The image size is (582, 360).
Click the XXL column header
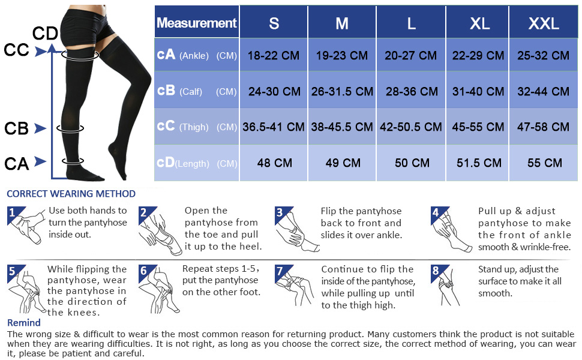click(544, 23)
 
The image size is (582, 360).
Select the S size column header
click(274, 23)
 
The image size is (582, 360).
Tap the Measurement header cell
click(197, 23)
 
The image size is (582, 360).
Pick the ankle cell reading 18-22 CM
click(274, 56)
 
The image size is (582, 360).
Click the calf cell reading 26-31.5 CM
click(342, 92)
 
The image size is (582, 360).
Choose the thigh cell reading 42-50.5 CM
click(411, 127)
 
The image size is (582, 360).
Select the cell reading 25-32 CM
click(544, 56)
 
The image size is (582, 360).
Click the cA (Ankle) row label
click(197, 56)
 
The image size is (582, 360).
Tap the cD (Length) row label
click(197, 163)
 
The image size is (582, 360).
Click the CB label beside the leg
click(17, 128)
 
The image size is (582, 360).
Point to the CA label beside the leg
click(16, 163)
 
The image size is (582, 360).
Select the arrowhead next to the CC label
click(40, 52)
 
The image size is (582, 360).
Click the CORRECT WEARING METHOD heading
click(71, 194)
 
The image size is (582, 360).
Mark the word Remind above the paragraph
click(23, 323)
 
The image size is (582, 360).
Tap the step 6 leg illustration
click(159, 290)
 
